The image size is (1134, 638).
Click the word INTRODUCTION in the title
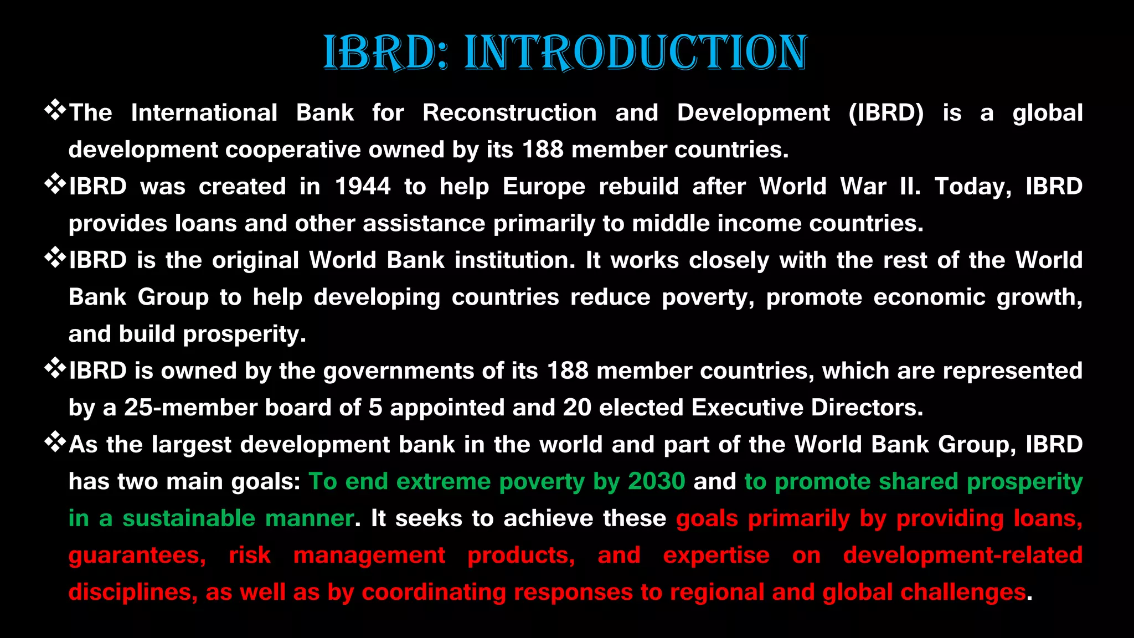point(636,53)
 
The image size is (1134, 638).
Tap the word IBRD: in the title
point(385,53)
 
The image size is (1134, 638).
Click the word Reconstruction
point(509,113)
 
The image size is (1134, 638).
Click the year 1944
point(363,187)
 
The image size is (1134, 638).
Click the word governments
point(398,371)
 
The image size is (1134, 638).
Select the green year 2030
point(657,481)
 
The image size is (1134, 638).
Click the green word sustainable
point(189,519)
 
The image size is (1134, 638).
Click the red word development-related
point(962,555)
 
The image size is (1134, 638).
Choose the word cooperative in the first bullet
point(293,150)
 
